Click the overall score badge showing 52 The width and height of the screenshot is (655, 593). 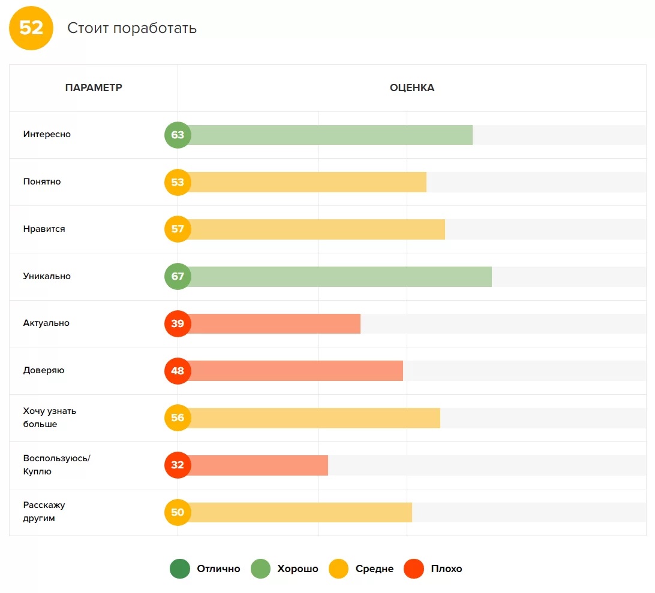(31, 28)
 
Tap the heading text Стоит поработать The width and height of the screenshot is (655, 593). (132, 28)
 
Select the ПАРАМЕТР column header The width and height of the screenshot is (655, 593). (94, 88)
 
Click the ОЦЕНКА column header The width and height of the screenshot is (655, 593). (411, 88)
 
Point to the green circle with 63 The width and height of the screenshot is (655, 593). (178, 135)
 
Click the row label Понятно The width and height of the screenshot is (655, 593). (42, 181)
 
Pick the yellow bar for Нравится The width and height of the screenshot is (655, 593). (318, 229)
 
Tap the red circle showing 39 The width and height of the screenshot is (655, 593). (178, 323)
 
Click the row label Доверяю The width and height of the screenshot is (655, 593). (44, 370)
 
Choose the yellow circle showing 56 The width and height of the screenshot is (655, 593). (178, 418)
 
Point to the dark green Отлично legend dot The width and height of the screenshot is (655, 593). (180, 569)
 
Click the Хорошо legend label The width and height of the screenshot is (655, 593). (298, 569)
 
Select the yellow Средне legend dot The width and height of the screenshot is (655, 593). (338, 569)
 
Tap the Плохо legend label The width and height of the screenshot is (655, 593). (446, 569)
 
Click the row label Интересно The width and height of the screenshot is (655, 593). (47, 135)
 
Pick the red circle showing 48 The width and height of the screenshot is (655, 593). (178, 371)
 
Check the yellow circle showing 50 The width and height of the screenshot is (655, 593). (178, 513)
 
